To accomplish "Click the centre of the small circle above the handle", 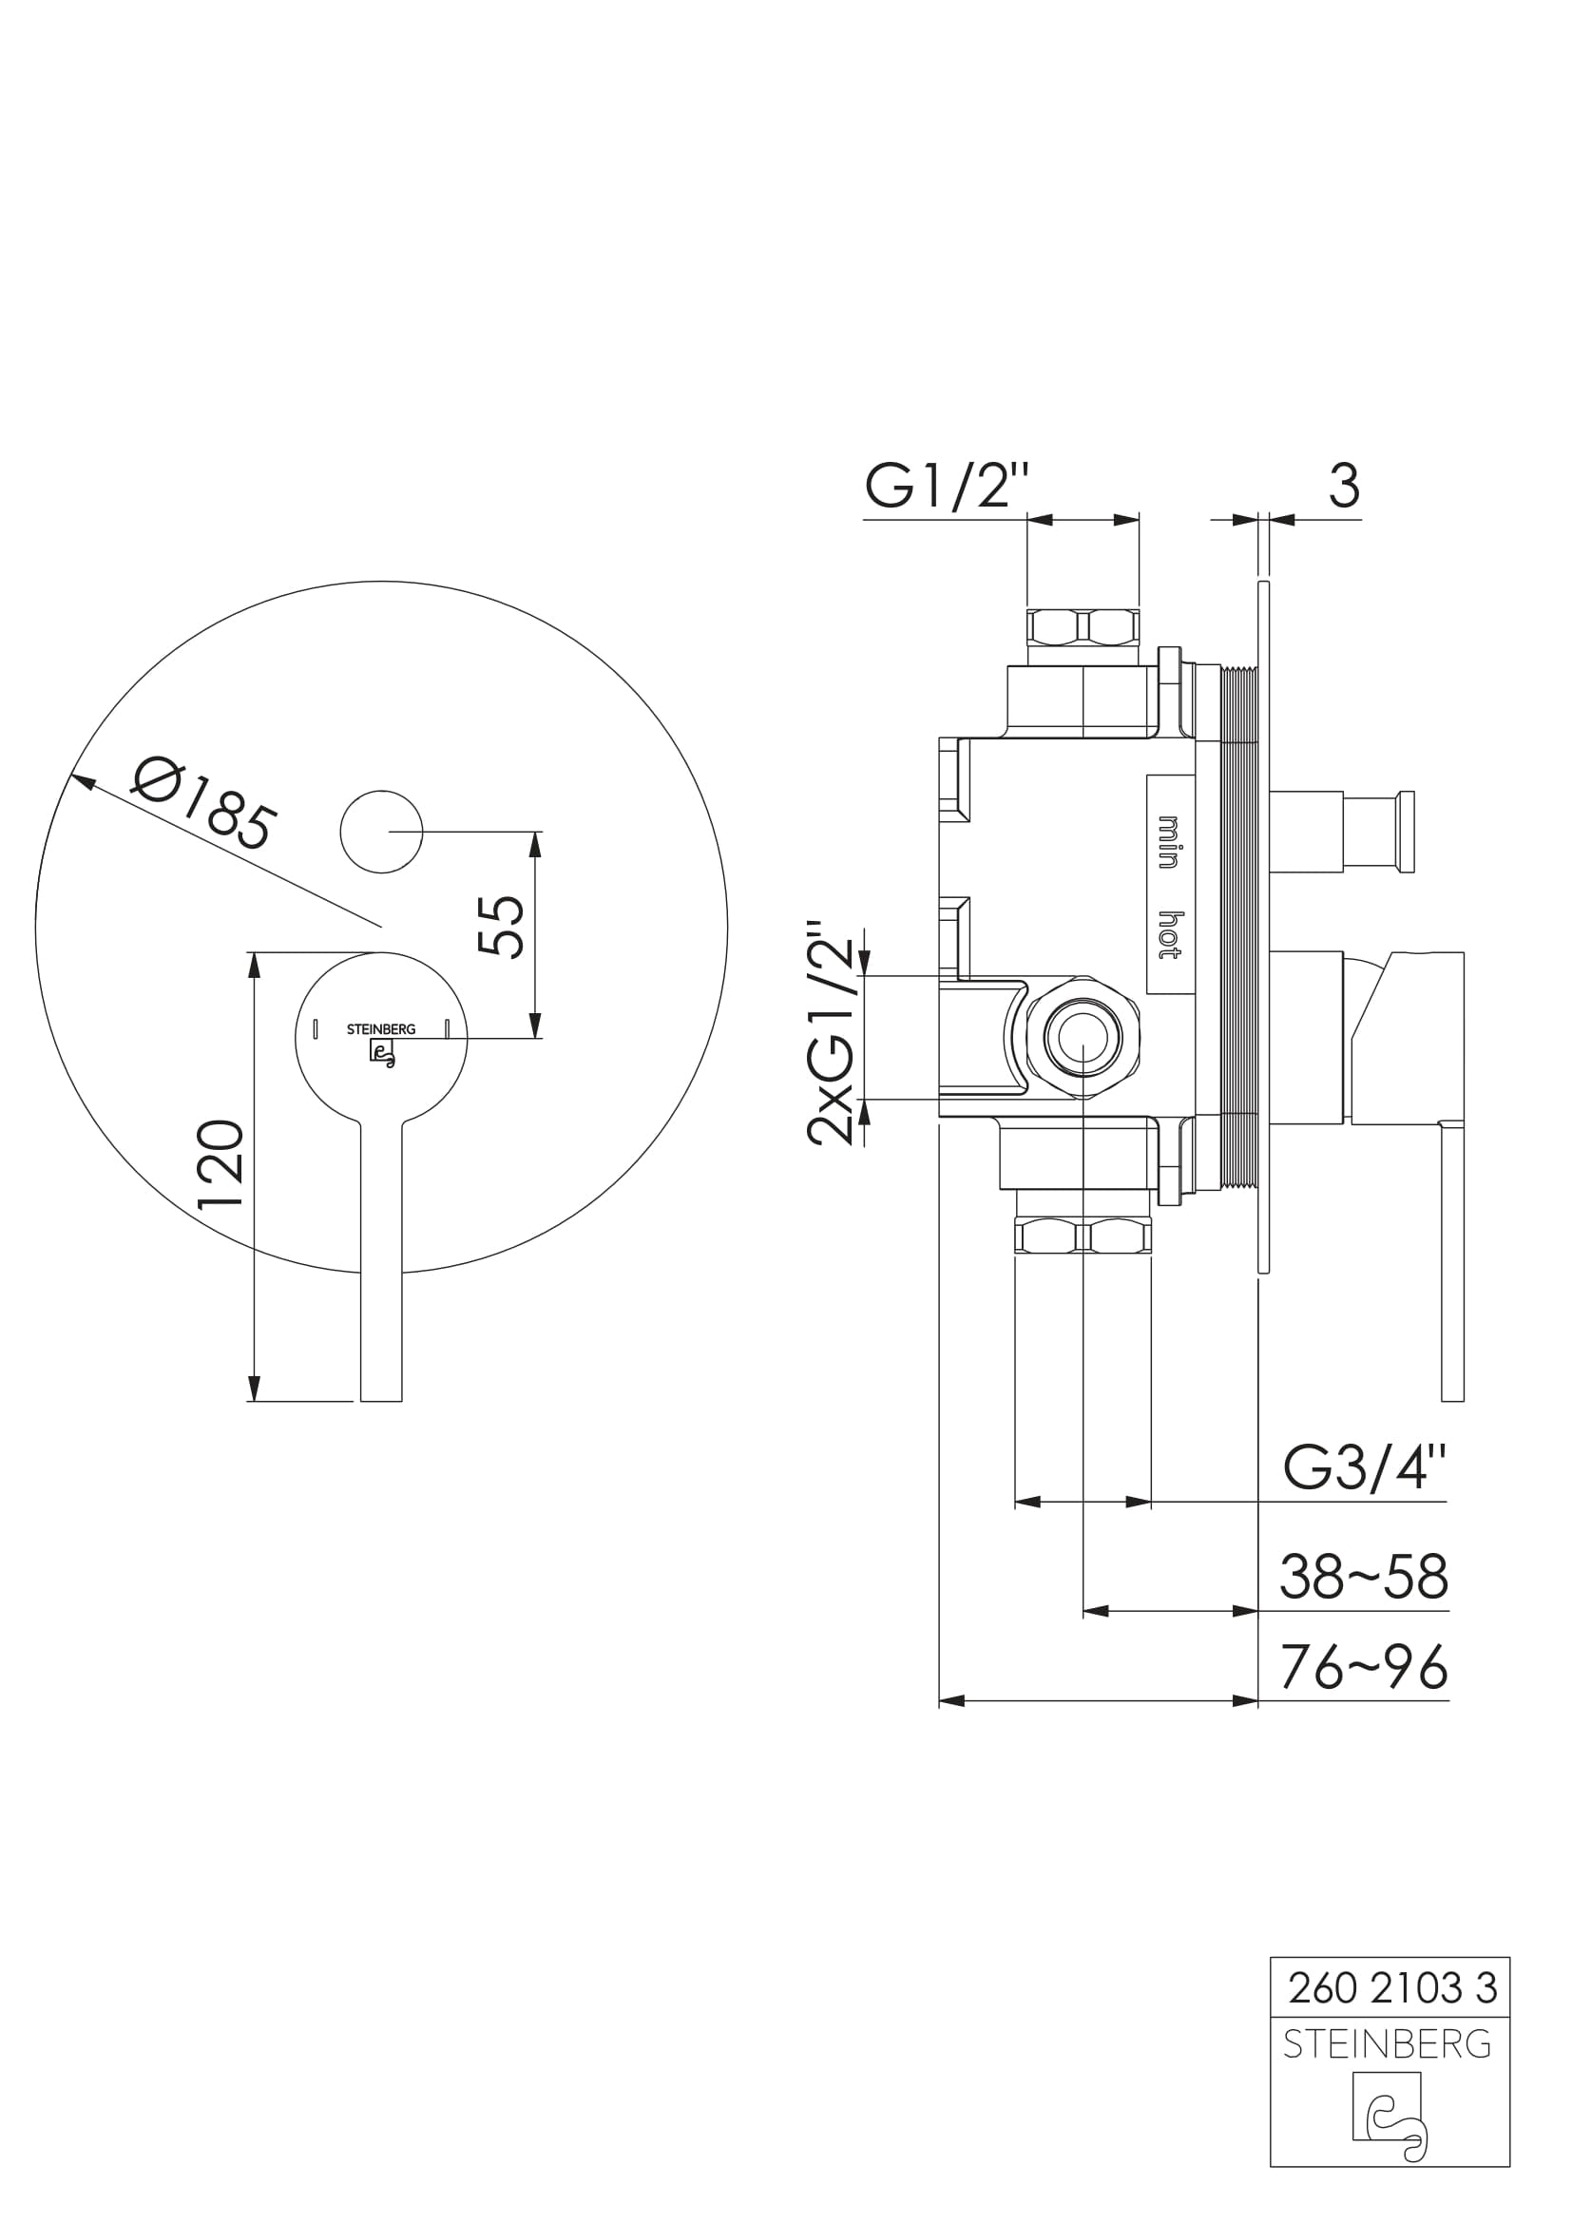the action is tap(381, 832).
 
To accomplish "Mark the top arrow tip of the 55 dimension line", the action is tap(536, 832).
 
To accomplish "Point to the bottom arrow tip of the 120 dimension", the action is tap(255, 1401).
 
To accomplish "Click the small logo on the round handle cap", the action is tap(382, 1052).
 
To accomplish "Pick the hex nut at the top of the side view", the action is tap(1084, 626).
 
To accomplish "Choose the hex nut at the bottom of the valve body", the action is tap(1083, 1236).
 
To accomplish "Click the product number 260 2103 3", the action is tap(1393, 1988).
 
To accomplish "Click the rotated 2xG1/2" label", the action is tap(832, 1032).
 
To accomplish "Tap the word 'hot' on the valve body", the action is tap(1170, 934).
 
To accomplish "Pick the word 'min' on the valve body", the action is tap(1170, 842).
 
